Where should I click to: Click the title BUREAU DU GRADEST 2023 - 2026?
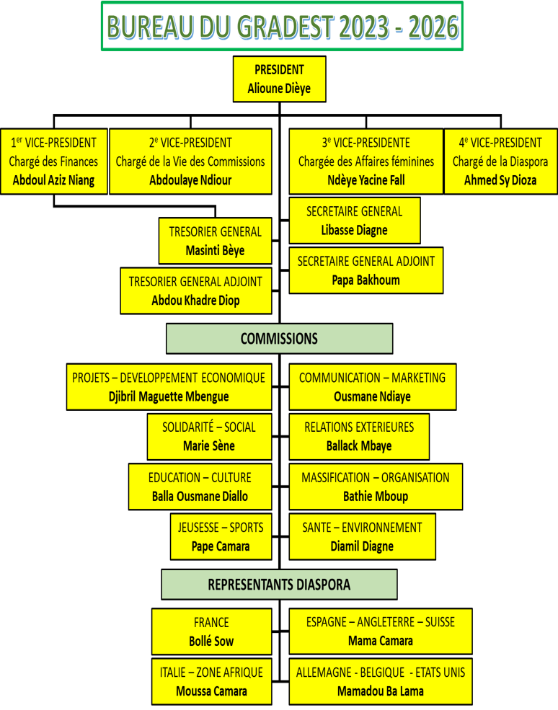click(282, 27)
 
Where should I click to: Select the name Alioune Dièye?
click(279, 89)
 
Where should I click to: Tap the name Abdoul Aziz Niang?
click(53, 180)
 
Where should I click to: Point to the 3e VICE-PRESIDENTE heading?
click(366, 143)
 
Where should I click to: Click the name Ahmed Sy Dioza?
click(500, 180)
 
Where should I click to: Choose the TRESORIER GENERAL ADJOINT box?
click(195, 290)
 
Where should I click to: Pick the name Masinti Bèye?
click(215, 251)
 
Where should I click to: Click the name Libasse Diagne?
click(354, 231)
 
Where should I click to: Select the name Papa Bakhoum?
click(366, 280)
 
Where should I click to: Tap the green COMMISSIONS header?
click(279, 339)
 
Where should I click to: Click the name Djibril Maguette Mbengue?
click(169, 396)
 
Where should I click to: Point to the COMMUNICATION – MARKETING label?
click(372, 378)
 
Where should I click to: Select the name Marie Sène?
click(209, 446)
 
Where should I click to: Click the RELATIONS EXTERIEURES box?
click(359, 436)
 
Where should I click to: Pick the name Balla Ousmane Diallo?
click(200, 496)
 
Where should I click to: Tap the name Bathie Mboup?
click(376, 496)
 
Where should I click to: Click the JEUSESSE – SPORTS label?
click(221, 528)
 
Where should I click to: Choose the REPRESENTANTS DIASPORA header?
click(279, 585)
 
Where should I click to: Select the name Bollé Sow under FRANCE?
click(211, 641)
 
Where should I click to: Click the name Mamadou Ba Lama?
click(381, 691)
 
